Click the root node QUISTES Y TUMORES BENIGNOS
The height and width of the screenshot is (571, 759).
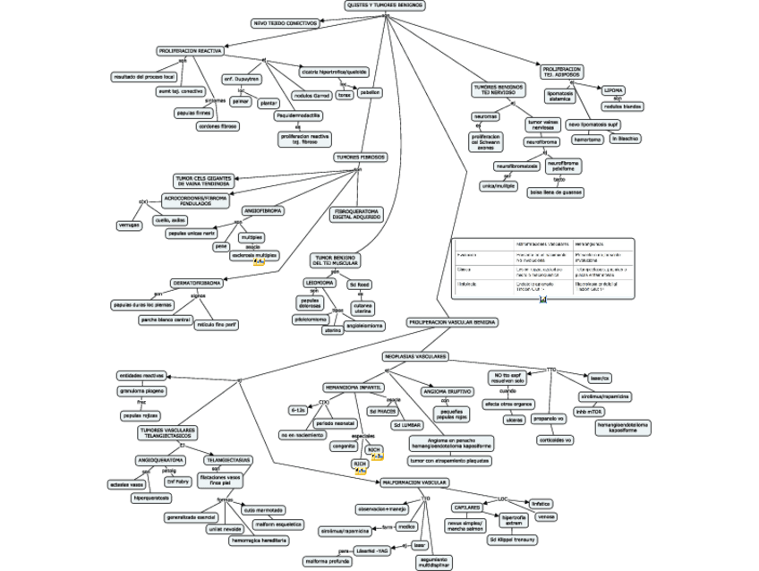[x=385, y=5]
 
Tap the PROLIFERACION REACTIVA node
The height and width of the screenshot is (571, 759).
[x=191, y=51]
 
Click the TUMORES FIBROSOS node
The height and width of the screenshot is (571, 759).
[x=361, y=157]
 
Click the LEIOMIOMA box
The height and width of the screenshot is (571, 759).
[x=320, y=282]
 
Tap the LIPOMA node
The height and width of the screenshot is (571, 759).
[x=614, y=90]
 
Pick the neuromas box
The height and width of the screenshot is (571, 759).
[x=487, y=116]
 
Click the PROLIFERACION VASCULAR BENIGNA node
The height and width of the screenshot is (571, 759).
[x=452, y=321]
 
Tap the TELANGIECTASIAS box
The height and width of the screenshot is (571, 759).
[x=228, y=459]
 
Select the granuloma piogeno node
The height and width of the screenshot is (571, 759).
[x=141, y=391]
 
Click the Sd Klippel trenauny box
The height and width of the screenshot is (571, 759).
[x=513, y=540]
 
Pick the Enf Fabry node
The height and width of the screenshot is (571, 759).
[x=178, y=481]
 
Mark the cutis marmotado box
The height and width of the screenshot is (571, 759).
[x=262, y=509]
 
